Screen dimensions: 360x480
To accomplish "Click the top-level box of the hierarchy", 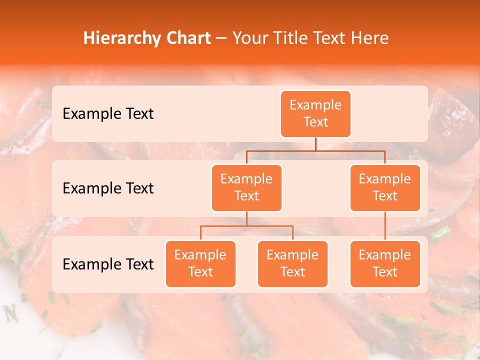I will coord(315,114).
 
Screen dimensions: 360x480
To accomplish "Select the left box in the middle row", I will coord(246,188).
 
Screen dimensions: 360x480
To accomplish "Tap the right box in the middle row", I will coord(385,188).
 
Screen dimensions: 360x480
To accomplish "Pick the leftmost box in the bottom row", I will coord(200,264).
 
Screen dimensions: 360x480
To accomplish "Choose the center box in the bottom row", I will coord(292,264).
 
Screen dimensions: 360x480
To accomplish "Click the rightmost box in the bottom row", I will coord(385,264).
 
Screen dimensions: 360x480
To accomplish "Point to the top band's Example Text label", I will coord(108,114).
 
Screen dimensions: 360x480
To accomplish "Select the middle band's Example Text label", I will coord(108,188).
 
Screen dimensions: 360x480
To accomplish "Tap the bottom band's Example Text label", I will coord(108,264).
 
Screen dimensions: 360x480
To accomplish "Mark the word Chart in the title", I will coord(188,38).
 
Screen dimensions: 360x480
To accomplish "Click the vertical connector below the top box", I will coord(315,144).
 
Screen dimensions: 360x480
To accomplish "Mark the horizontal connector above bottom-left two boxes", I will coord(246,226).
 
